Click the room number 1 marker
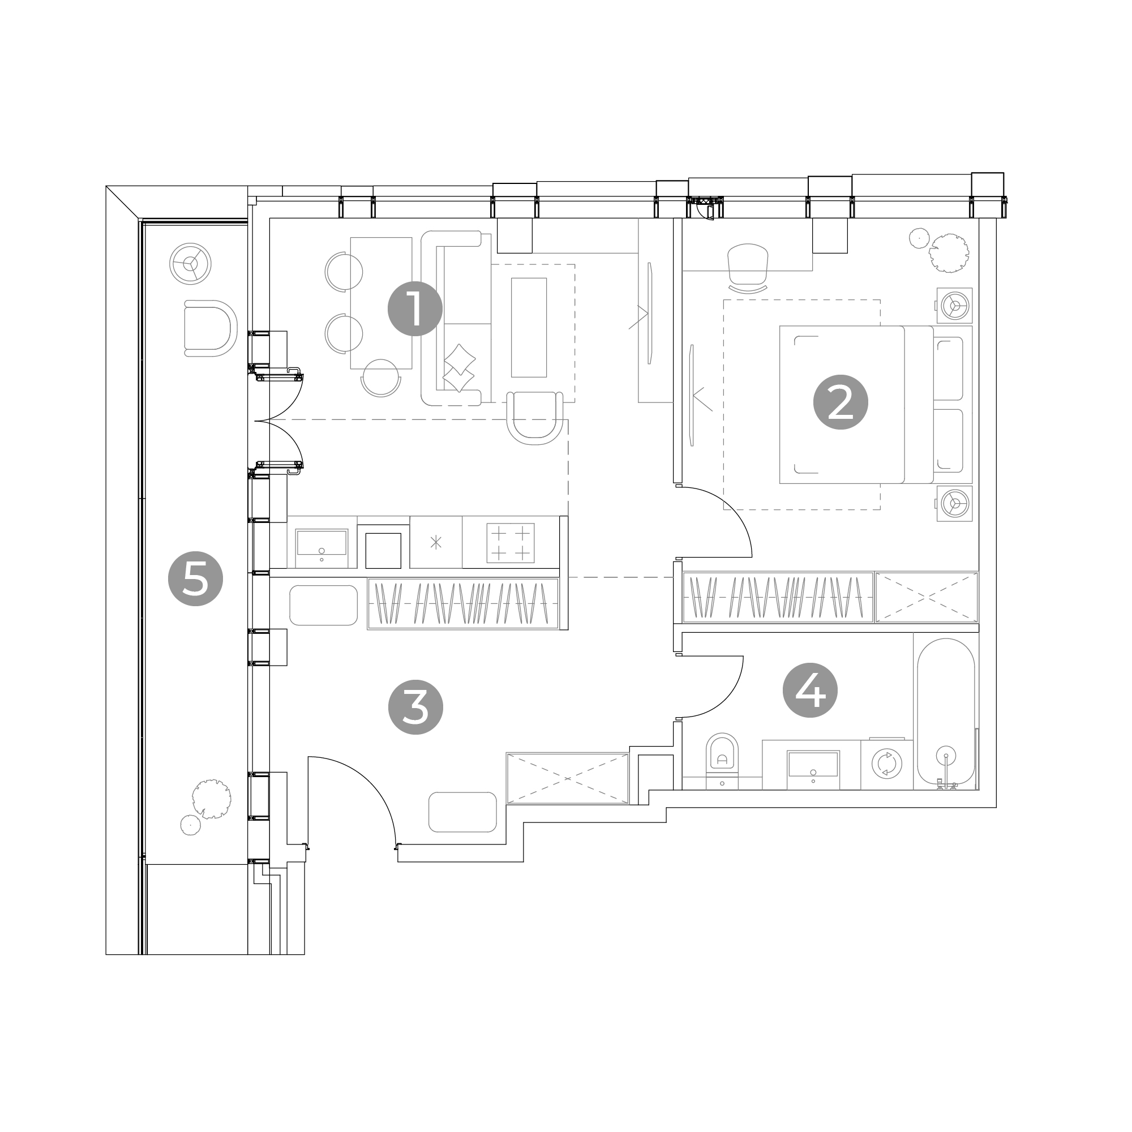415,309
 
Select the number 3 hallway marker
415,707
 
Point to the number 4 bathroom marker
811,690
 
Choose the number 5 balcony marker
195,579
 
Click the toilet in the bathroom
722,760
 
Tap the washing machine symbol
886,764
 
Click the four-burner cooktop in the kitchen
511,543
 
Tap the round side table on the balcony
190,264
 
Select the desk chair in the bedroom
748,267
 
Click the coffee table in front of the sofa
529,328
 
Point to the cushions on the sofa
459,368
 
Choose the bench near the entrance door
462,812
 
